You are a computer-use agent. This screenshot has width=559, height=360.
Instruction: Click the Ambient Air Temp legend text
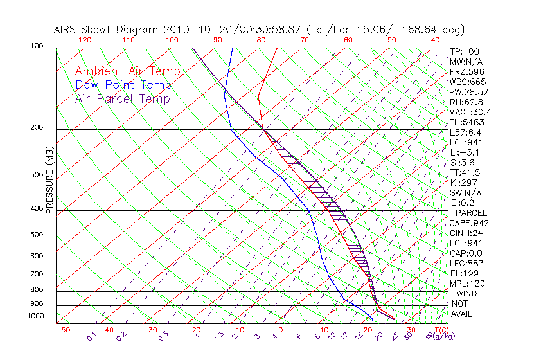coord(128,71)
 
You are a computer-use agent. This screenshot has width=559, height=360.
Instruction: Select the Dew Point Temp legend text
coord(123,85)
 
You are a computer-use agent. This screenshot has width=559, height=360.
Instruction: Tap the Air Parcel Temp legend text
coord(123,98)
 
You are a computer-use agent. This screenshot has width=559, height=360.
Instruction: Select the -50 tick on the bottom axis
coord(62,330)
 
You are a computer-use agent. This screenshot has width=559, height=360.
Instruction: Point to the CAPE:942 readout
coord(468,223)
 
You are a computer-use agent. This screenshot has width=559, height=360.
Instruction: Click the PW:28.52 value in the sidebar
coord(468,92)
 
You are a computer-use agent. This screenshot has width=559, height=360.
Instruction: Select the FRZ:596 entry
coord(466,72)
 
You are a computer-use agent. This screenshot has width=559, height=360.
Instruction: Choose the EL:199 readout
coord(465,273)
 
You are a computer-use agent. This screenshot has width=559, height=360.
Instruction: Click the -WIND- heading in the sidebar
coord(466,293)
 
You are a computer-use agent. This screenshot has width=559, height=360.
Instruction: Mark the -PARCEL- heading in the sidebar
coord(471,213)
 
